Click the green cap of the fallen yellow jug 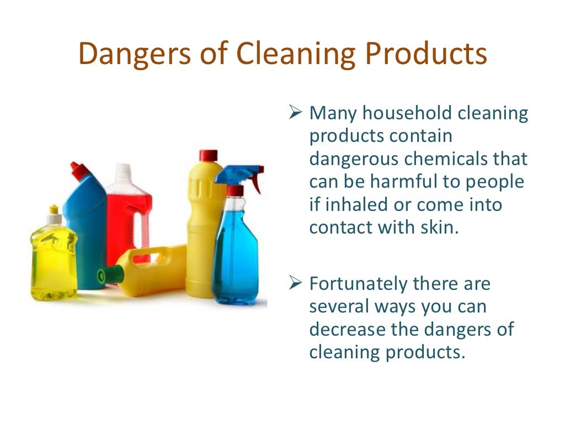click(103, 275)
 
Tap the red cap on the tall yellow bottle click(209, 155)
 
